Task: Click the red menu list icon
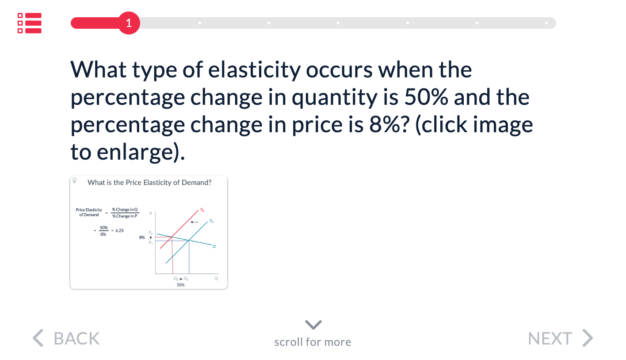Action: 29,23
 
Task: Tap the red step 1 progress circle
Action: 129,23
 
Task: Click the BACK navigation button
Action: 66,338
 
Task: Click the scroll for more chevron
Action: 313,325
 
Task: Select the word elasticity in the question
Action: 254,70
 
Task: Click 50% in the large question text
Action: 426,97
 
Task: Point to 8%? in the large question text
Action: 389,124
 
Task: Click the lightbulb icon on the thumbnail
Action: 75,180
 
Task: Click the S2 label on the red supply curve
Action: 202,210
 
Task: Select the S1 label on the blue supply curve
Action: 212,221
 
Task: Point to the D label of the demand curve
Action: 214,246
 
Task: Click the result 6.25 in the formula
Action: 120,230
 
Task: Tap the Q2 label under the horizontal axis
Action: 176,279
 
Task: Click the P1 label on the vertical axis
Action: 151,243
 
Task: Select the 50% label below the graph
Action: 180,285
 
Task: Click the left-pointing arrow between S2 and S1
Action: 195,222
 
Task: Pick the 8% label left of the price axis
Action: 142,237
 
